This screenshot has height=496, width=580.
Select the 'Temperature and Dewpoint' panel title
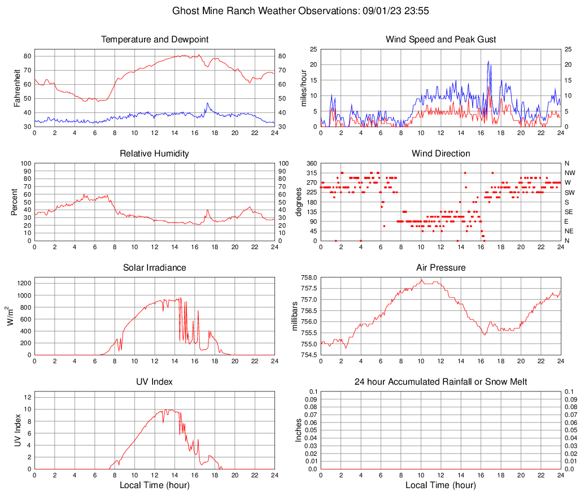coord(154,40)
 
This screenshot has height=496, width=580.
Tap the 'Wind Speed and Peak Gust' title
coord(441,40)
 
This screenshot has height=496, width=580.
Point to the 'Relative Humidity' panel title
coord(154,154)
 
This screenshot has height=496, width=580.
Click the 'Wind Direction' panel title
coord(441,154)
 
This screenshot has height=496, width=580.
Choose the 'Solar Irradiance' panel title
coord(154,268)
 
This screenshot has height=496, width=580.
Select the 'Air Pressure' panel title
coord(441,268)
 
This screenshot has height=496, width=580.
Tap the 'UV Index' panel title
coord(154,382)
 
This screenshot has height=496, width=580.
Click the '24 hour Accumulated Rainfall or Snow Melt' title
coord(441,382)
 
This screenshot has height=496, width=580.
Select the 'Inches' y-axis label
coord(299,430)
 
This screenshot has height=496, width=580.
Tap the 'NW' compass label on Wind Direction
coord(570,173)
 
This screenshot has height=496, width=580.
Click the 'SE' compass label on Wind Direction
coord(570,212)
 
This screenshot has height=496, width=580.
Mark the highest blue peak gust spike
coord(489,62)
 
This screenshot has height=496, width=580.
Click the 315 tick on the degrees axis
coord(310,173)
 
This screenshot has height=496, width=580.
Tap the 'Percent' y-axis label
coord(15,202)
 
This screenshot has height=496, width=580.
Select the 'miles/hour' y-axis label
coord(304,88)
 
